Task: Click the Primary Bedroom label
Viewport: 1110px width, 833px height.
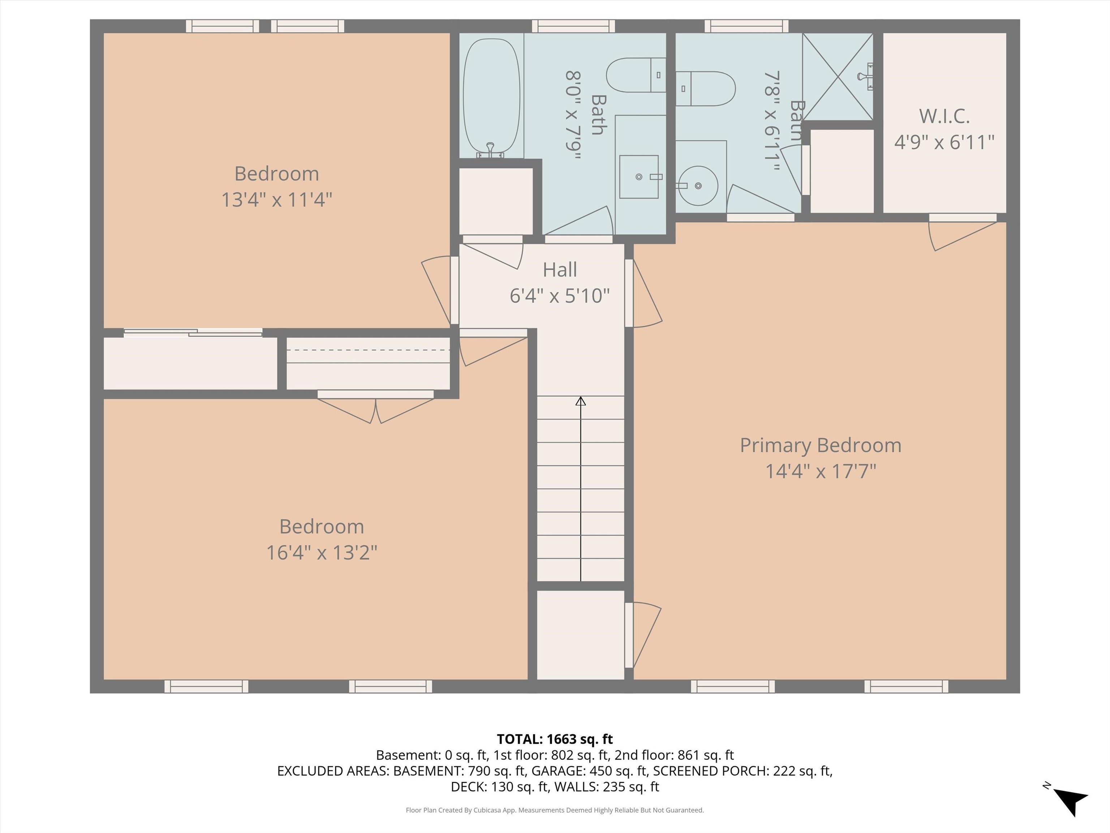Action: coord(821,445)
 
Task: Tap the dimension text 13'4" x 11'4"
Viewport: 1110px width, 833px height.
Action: coord(276,200)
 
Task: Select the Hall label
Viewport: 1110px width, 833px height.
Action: coord(559,270)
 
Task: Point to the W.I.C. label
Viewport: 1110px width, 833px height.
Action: coord(944,116)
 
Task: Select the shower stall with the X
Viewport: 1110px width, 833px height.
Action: coord(838,77)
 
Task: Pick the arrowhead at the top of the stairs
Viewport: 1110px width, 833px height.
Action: coord(581,401)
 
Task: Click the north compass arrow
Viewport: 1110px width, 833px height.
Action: coord(1070,799)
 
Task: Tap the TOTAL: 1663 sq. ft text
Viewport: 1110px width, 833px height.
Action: coord(555,739)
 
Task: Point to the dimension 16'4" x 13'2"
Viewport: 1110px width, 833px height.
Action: coord(321,553)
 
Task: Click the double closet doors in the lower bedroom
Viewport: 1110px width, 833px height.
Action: coord(375,408)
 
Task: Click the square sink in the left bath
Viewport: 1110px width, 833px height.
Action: coord(638,177)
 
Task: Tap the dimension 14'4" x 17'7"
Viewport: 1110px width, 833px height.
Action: coord(821,471)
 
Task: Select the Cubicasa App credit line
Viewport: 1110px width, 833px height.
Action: coord(555,810)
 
